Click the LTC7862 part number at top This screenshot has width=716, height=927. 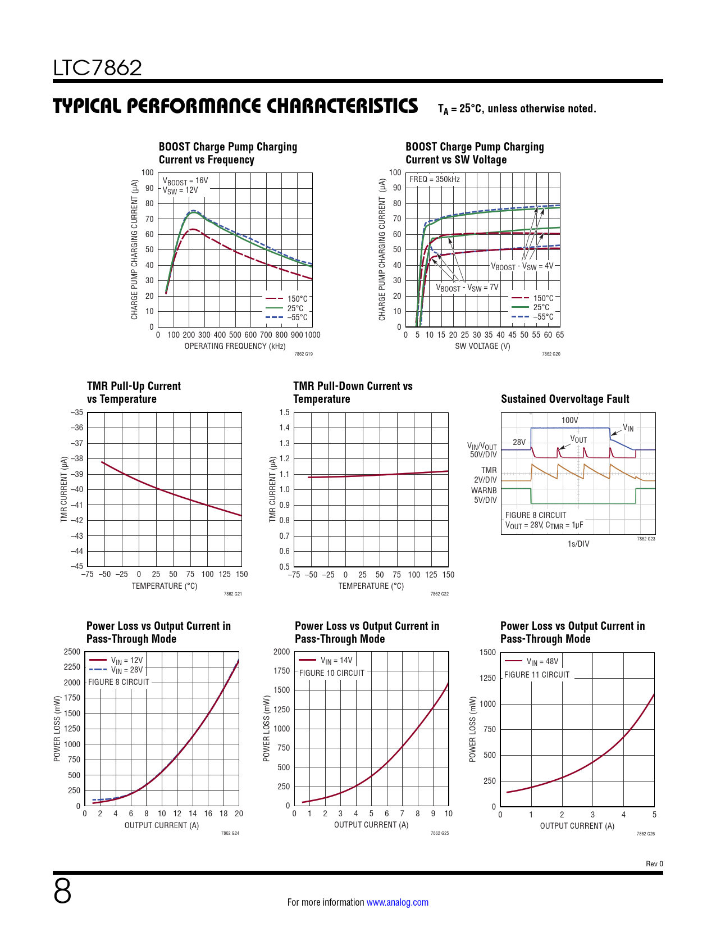coord(98,68)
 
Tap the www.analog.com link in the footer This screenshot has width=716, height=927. coord(397,902)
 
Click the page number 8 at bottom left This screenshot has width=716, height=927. coord(62,891)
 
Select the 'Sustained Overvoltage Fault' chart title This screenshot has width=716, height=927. coord(565,399)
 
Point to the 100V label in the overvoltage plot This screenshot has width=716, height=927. coord(569,420)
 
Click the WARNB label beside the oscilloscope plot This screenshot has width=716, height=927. coord(484,490)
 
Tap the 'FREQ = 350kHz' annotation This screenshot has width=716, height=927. coord(435,179)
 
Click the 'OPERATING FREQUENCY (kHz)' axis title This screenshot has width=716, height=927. coord(235,346)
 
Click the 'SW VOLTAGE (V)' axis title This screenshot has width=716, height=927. coord(482,346)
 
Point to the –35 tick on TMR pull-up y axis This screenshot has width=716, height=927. coord(77,412)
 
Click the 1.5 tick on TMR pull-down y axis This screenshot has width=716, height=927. coord(285,412)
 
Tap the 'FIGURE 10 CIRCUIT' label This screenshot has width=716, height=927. coord(331,673)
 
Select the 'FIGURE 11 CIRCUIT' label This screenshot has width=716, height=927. coord(537,675)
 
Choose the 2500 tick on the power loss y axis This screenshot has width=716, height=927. coord(72,652)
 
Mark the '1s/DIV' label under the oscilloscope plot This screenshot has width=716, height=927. coord(578,544)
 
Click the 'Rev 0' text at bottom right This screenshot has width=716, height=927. coord(654,864)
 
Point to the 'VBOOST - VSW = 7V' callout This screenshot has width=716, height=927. coord(467,288)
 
